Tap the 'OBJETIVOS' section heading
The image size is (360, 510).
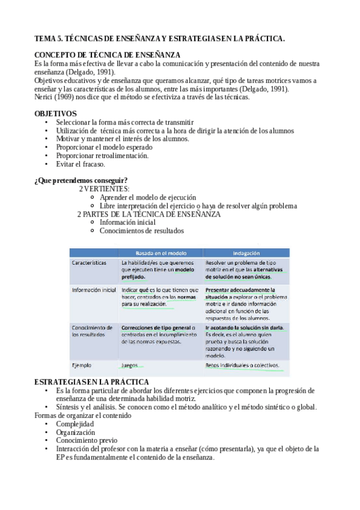coord(55,113)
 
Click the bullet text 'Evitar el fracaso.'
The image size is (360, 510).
coord(81,164)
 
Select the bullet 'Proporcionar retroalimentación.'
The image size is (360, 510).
coord(103,156)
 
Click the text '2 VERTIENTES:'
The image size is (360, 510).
coord(104,189)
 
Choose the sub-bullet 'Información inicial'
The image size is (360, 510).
coord(127,222)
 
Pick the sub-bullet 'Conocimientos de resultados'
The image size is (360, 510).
coord(141,230)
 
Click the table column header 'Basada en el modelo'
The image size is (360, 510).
coord(160,253)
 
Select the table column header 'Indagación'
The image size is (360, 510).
coord(246,253)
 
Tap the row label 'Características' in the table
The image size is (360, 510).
coord(89,263)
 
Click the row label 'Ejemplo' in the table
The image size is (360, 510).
coord(82,365)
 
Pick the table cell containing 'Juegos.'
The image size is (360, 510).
coord(130,365)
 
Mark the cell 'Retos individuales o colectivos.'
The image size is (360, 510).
coord(242,365)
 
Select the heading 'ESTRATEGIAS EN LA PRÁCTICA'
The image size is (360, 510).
coord(91,382)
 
